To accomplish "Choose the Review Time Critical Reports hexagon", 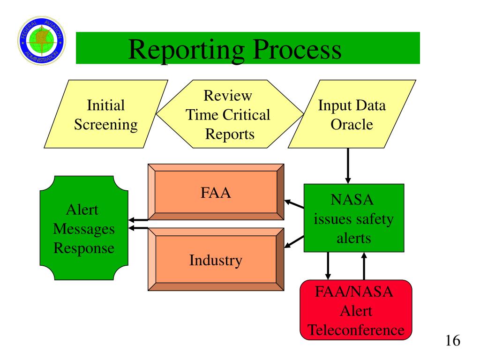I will click(x=229, y=115).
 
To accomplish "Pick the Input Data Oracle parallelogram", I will click(x=352, y=114).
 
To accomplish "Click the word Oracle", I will click(x=352, y=125).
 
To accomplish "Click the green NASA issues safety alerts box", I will click(x=354, y=218).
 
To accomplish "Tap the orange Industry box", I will click(x=216, y=259).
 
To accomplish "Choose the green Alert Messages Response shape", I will click(x=84, y=228).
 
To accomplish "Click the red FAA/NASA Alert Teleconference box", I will click(x=356, y=310).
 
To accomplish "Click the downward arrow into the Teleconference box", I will click(x=328, y=266).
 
